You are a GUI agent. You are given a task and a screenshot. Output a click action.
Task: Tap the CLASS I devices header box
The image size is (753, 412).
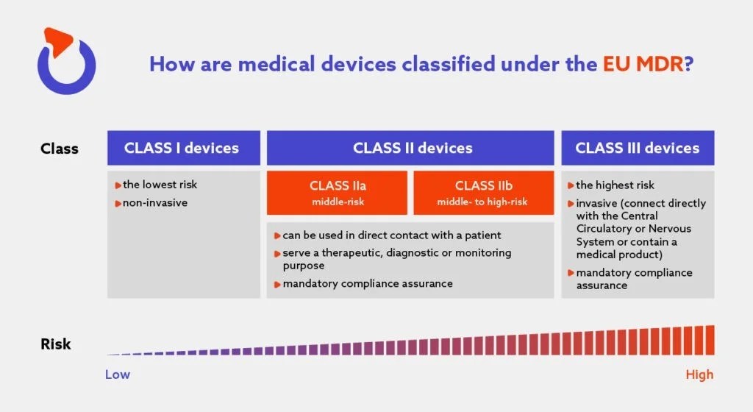(183, 148)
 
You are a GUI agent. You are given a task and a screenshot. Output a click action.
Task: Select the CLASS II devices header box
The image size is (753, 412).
(410, 148)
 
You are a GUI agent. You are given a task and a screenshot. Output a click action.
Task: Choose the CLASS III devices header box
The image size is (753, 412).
(638, 148)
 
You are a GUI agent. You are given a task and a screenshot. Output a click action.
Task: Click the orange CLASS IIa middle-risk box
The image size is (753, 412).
(337, 193)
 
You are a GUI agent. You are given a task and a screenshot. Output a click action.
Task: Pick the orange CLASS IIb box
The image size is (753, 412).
(482, 193)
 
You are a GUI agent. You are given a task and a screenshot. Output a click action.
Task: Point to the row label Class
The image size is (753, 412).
(60, 149)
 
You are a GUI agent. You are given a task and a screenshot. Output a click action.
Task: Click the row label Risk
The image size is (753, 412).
(56, 344)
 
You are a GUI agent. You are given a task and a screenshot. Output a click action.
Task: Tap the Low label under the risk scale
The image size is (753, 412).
(118, 374)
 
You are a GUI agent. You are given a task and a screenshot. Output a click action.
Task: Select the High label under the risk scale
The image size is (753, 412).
(699, 374)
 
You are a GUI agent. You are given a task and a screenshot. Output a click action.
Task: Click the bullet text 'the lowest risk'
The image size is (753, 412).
(160, 185)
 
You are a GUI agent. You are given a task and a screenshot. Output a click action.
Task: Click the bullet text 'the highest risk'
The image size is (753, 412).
(615, 185)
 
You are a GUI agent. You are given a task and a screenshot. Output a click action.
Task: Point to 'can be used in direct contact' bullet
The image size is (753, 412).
(392, 235)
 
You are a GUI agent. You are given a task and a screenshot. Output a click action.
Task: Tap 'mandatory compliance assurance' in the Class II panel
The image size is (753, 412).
(368, 283)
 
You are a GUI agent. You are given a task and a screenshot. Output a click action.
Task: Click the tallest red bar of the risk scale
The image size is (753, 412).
(710, 340)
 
